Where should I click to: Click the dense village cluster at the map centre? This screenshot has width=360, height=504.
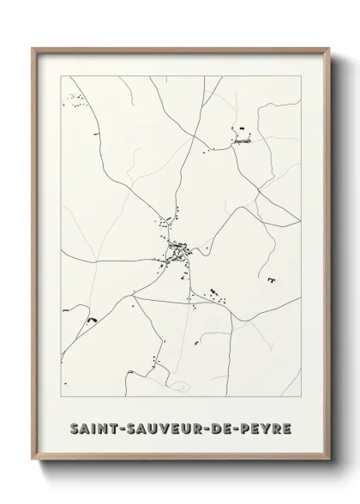pos(177,250)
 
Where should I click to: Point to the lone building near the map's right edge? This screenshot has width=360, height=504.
pos(272,280)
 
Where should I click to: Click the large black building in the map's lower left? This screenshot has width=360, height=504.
pos(89,320)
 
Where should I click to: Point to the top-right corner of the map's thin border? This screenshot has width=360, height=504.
pos(300,76)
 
